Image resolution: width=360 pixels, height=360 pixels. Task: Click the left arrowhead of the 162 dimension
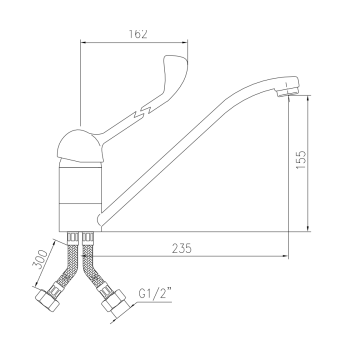coord(81,43)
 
